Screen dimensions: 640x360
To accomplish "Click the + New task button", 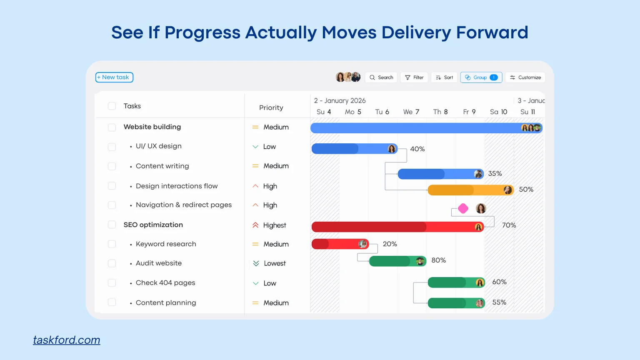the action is (x=114, y=77).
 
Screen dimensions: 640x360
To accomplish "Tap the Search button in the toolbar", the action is (x=381, y=77).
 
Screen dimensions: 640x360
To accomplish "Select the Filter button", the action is (x=414, y=77).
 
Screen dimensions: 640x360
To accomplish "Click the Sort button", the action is (x=444, y=77).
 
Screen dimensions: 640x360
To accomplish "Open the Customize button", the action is (x=525, y=77).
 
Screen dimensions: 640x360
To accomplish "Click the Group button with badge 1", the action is (x=481, y=77).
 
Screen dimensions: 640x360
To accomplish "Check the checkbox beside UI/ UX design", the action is (x=112, y=147).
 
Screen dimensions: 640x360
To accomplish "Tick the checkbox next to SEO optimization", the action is (x=112, y=225).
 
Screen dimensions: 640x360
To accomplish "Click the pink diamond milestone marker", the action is (x=463, y=209).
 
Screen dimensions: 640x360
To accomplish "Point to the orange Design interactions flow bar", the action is (x=470, y=190).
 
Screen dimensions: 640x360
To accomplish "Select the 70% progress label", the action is (x=509, y=225).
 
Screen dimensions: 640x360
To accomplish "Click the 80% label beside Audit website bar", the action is (x=439, y=260).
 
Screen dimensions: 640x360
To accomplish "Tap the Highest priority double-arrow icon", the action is (x=255, y=225).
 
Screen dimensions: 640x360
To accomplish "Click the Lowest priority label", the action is (x=275, y=263).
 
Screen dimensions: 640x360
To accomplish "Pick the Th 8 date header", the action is (x=440, y=112).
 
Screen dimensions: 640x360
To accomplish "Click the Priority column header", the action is (x=271, y=108).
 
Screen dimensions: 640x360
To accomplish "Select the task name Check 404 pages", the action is (x=165, y=283).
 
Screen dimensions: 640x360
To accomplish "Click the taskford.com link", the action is (x=67, y=340).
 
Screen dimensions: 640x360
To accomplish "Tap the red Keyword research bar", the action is (x=340, y=244).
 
